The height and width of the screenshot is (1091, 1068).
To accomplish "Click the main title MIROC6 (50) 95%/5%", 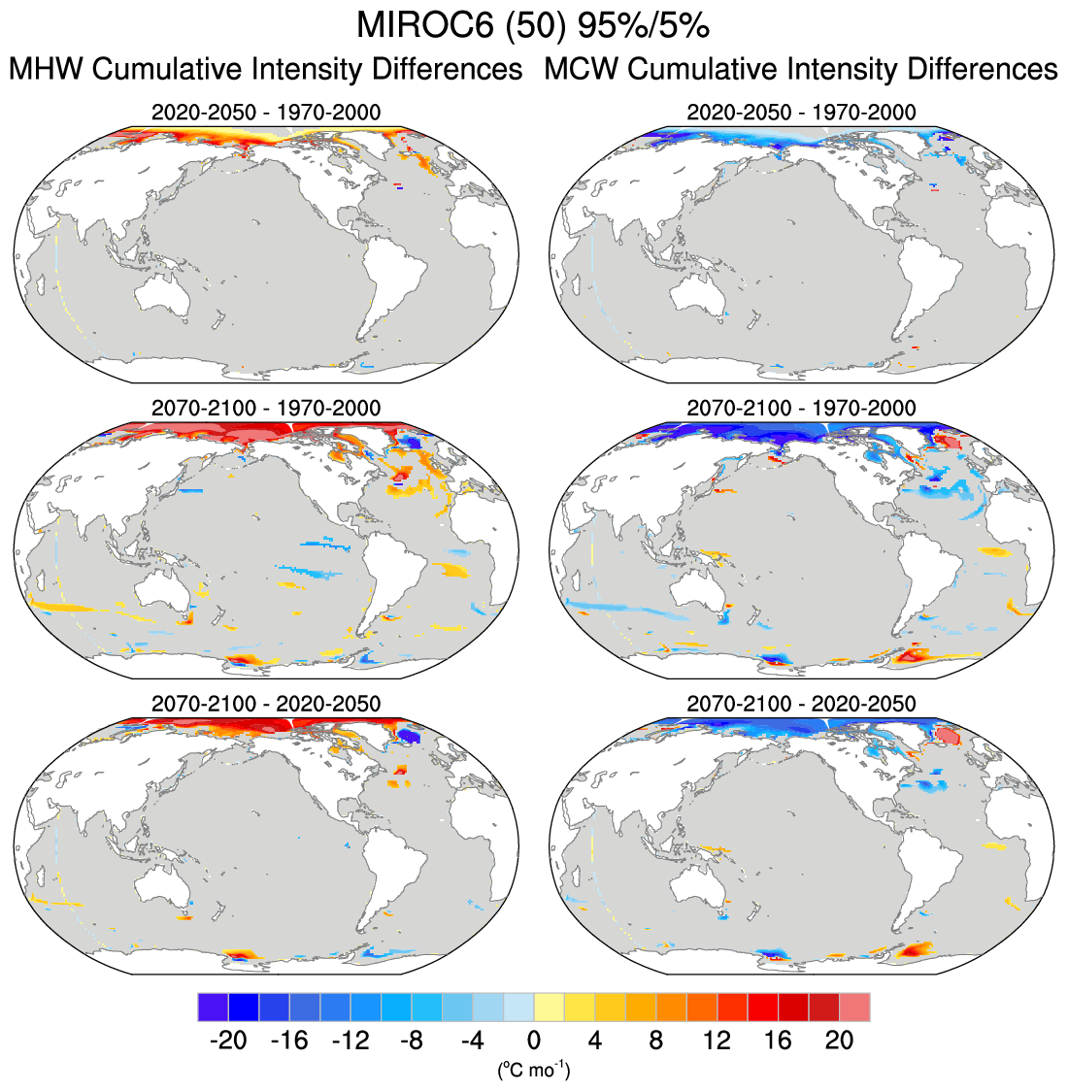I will point(533,26).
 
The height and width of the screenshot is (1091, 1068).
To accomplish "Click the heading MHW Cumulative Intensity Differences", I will point(265,70).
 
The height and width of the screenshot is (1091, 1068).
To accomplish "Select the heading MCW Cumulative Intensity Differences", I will point(800,70).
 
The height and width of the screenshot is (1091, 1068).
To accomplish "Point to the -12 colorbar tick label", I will point(350,1041).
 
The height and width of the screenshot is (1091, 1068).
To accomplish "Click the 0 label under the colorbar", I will point(533,1041).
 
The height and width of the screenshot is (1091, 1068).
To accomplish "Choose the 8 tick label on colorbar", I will point(655,1041).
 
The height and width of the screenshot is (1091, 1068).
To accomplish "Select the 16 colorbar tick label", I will point(778,1041).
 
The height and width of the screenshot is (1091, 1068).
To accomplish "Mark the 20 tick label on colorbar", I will point(839,1041).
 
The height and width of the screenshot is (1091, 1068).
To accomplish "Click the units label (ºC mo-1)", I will point(533,1071).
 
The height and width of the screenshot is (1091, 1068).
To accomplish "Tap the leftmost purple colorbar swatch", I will point(213,1007).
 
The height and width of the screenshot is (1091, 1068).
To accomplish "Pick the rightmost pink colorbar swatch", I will point(854,1007).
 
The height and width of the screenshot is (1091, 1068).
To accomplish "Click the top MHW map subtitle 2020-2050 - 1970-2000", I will point(266,113).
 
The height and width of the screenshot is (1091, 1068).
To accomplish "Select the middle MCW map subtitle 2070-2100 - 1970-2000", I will point(801,408).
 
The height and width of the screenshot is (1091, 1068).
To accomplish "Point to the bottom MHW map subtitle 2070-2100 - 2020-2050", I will point(266,703).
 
